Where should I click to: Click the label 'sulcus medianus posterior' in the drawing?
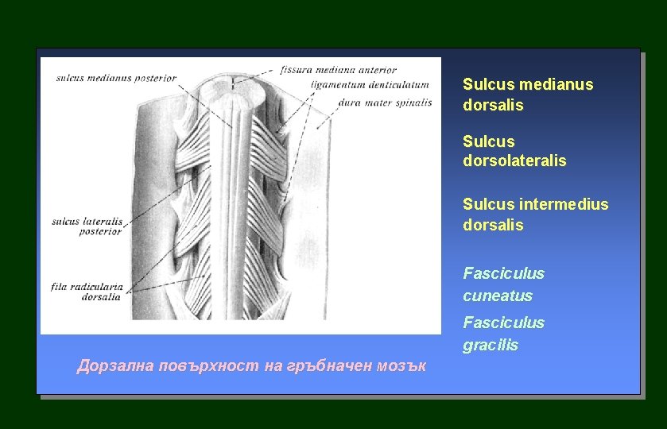115,78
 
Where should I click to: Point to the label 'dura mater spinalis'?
385,102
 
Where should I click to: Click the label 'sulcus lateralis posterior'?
87,226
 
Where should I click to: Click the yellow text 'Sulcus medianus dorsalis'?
528,95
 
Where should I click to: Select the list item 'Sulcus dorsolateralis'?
514,151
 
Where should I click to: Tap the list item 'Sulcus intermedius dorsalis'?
536,214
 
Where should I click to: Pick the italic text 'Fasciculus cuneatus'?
503,284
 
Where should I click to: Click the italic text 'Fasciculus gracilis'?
503,334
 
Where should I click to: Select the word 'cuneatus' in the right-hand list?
498,296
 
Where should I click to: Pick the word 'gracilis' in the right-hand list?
491,345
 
